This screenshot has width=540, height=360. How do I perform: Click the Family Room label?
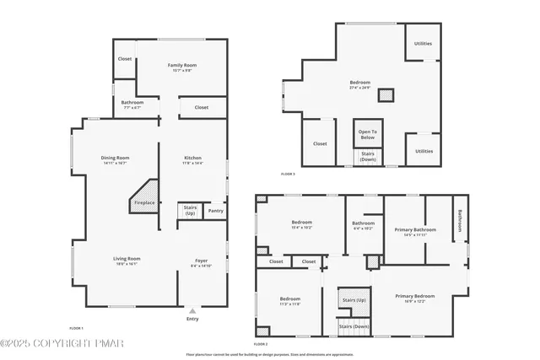(181, 65)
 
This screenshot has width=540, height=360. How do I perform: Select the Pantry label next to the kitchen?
(216, 211)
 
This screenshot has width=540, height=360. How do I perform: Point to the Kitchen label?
(193, 158)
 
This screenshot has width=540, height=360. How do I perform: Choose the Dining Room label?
(115, 158)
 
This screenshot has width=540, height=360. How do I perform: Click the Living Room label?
(127, 258)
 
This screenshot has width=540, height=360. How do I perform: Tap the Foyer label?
(201, 261)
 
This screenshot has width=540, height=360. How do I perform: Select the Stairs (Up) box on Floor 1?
(191, 211)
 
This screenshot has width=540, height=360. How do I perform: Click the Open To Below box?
(368, 133)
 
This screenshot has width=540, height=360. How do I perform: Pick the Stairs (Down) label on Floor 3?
(368, 156)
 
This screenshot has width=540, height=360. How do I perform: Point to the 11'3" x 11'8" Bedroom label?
(290, 298)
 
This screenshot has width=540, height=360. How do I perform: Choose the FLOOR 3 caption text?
(289, 174)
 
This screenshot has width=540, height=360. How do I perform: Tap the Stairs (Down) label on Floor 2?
(354, 325)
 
